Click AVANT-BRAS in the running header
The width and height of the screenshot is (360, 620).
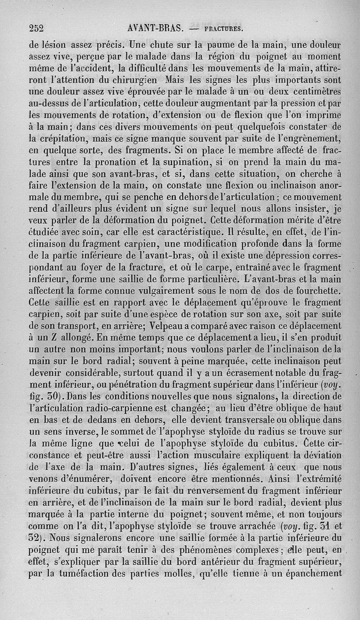coord(154,28)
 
